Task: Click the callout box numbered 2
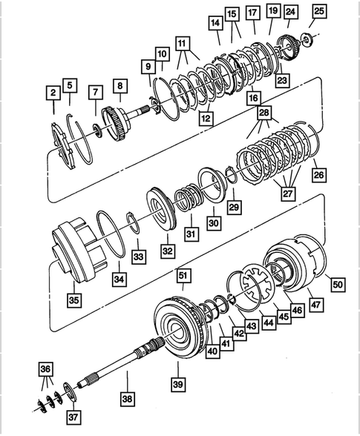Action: (x=53, y=93)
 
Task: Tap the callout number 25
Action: (x=318, y=11)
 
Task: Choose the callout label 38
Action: (x=127, y=397)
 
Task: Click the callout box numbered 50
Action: (x=337, y=284)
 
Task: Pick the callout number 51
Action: (x=182, y=275)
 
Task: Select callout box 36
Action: (x=46, y=369)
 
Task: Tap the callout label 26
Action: (x=318, y=176)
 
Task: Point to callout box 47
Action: (x=315, y=304)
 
